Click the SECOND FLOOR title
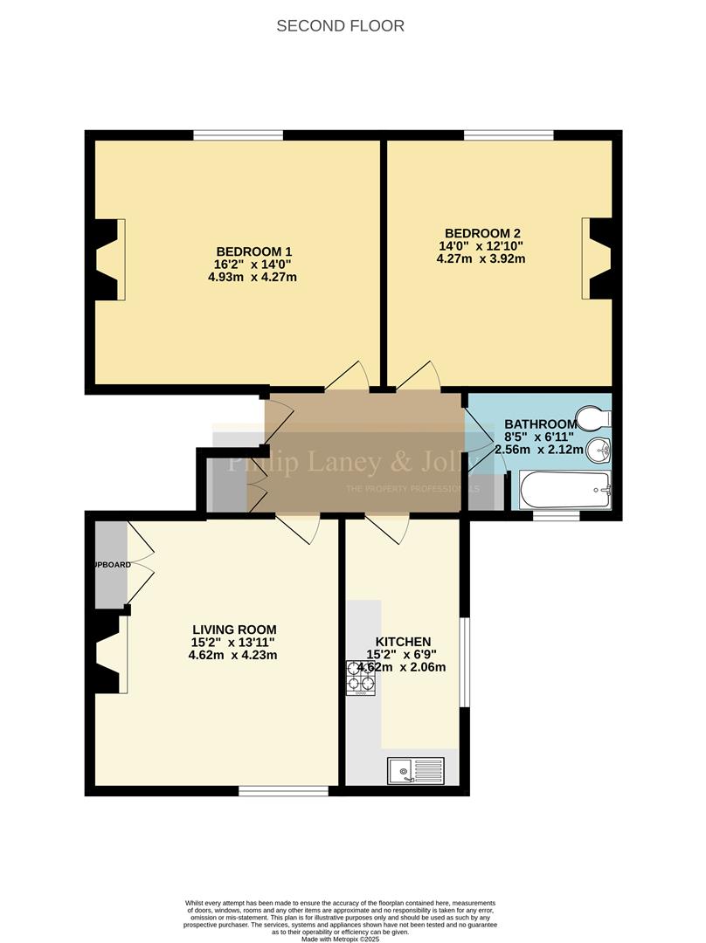click(x=340, y=25)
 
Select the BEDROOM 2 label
click(x=482, y=233)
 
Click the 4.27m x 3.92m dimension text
click(x=481, y=258)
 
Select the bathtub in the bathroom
click(x=564, y=491)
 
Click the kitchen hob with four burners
click(x=361, y=678)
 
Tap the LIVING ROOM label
click(x=234, y=630)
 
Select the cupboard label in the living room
click(x=112, y=565)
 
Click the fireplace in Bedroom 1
click(x=110, y=259)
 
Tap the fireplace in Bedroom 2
click(x=597, y=259)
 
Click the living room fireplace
click(x=112, y=653)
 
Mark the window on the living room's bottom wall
click(x=284, y=791)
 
